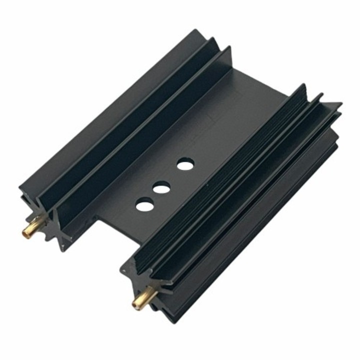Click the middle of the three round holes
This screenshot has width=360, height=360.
161,189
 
